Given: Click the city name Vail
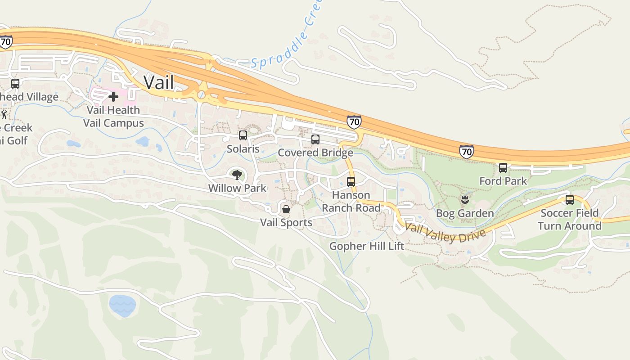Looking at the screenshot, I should coord(158,82).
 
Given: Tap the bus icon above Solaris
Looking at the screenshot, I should coord(243,135).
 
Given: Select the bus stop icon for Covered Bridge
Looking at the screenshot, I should coord(315,139).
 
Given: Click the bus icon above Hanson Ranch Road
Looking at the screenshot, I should coord(351,182).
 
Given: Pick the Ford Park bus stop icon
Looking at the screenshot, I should coord(503,168).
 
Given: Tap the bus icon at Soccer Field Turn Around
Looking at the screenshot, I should coord(570,200).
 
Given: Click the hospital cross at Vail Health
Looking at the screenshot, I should coord(113,96).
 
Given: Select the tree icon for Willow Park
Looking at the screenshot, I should coord(237,175).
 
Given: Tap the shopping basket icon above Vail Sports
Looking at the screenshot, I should coord(286,209).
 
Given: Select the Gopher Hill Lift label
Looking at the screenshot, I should coord(367,246).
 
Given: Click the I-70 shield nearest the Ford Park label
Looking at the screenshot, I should coord(467,152).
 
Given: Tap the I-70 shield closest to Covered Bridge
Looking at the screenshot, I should coord(354,121).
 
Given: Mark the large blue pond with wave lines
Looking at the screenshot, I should coord(122,305).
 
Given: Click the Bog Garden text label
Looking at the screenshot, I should coord(465,213).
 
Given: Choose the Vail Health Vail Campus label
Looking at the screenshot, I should coord(113,117).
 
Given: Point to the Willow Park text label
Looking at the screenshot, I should coord(237,188).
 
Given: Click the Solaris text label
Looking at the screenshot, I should coord(243,148).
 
